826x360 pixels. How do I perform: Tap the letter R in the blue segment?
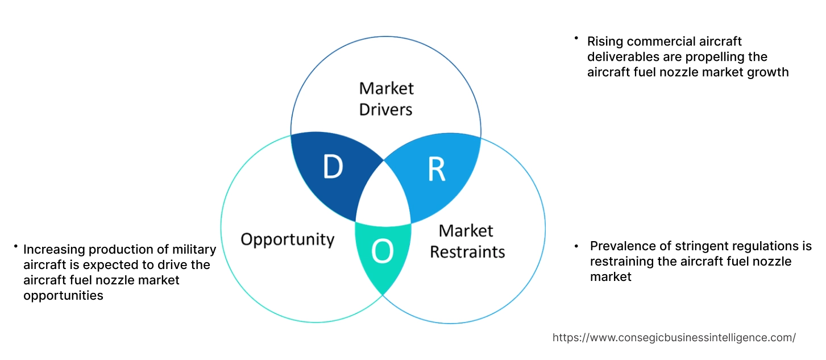[436, 169]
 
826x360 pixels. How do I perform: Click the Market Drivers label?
[386, 98]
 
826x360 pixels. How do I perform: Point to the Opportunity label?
[287, 239]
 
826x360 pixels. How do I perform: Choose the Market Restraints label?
[467, 241]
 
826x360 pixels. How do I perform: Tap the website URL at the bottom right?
[674, 337]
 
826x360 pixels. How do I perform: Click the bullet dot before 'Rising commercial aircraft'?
[576, 38]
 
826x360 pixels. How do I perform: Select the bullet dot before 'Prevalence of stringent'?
[576, 246]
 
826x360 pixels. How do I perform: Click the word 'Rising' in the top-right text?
[605, 42]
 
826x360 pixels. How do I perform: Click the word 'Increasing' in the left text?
[53, 250]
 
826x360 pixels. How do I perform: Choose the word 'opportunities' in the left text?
[63, 295]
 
